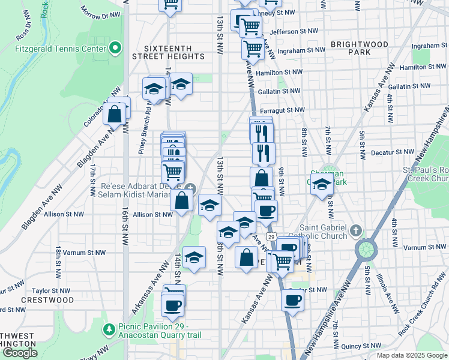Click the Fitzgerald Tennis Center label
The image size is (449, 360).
click(59, 48)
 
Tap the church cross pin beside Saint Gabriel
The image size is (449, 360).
click(356, 230)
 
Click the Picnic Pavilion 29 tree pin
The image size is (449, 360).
click(109, 329)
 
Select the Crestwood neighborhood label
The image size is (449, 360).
click(47, 299)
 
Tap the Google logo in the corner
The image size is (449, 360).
click(20, 353)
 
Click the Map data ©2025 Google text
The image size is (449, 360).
click(412, 355)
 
